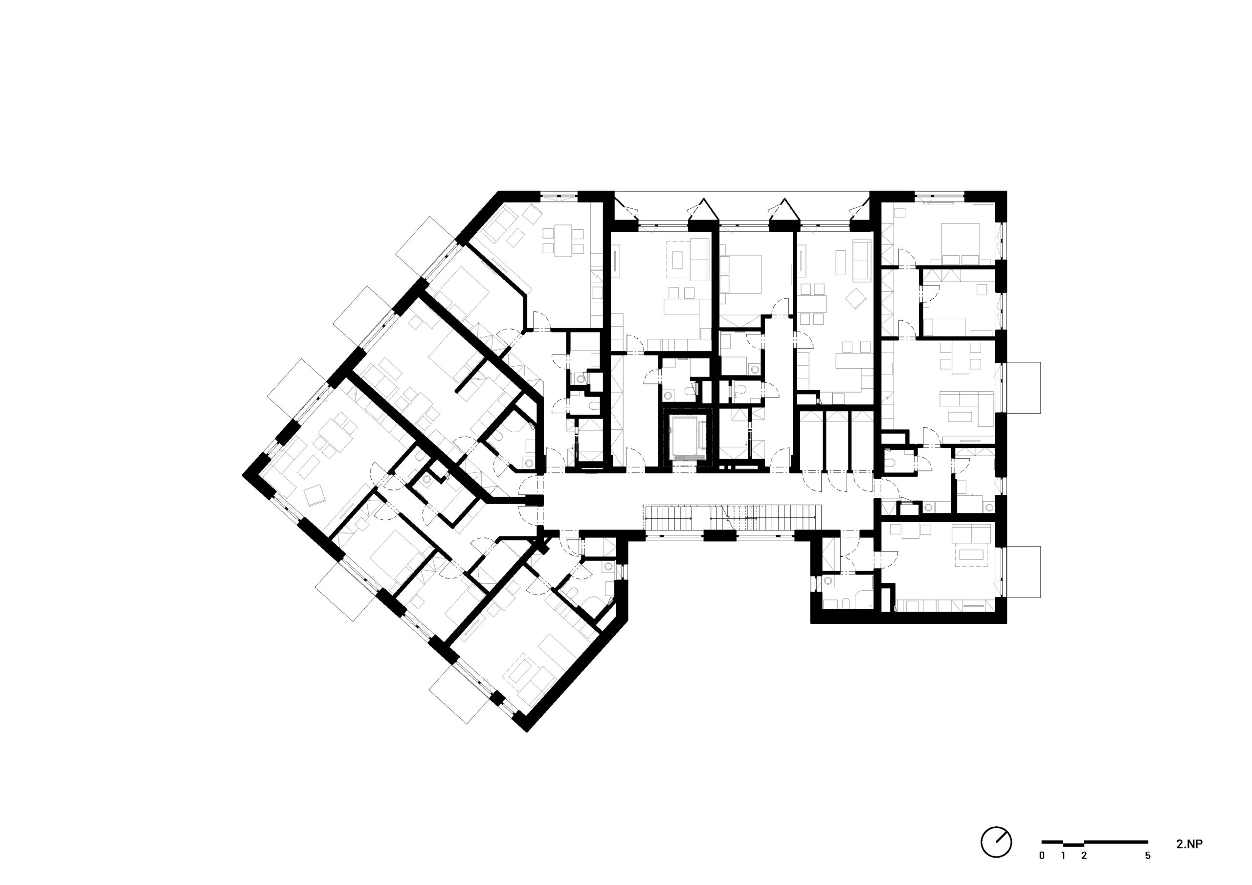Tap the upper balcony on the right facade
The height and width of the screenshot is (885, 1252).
coord(1024,388)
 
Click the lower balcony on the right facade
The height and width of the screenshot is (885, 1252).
coord(1024,572)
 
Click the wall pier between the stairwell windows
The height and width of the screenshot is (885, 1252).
coord(719,535)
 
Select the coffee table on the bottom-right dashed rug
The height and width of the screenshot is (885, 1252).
coord(973,555)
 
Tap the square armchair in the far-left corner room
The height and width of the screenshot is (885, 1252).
coord(315,495)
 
